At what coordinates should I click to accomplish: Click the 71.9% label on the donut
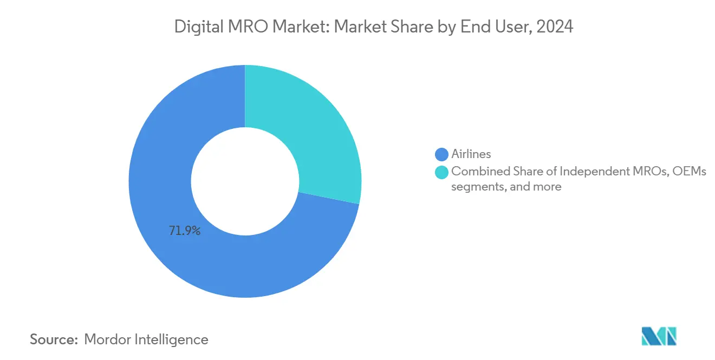[184, 231]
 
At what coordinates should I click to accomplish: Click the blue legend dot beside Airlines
[442, 155]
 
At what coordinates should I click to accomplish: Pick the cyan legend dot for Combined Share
[442, 172]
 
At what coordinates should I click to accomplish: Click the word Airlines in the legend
[471, 155]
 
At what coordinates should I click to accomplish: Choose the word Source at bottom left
[53, 340]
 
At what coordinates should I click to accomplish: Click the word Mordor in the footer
[109, 340]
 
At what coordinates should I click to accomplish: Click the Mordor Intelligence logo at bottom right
[659, 336]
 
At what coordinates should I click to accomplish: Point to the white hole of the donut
[245, 181]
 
